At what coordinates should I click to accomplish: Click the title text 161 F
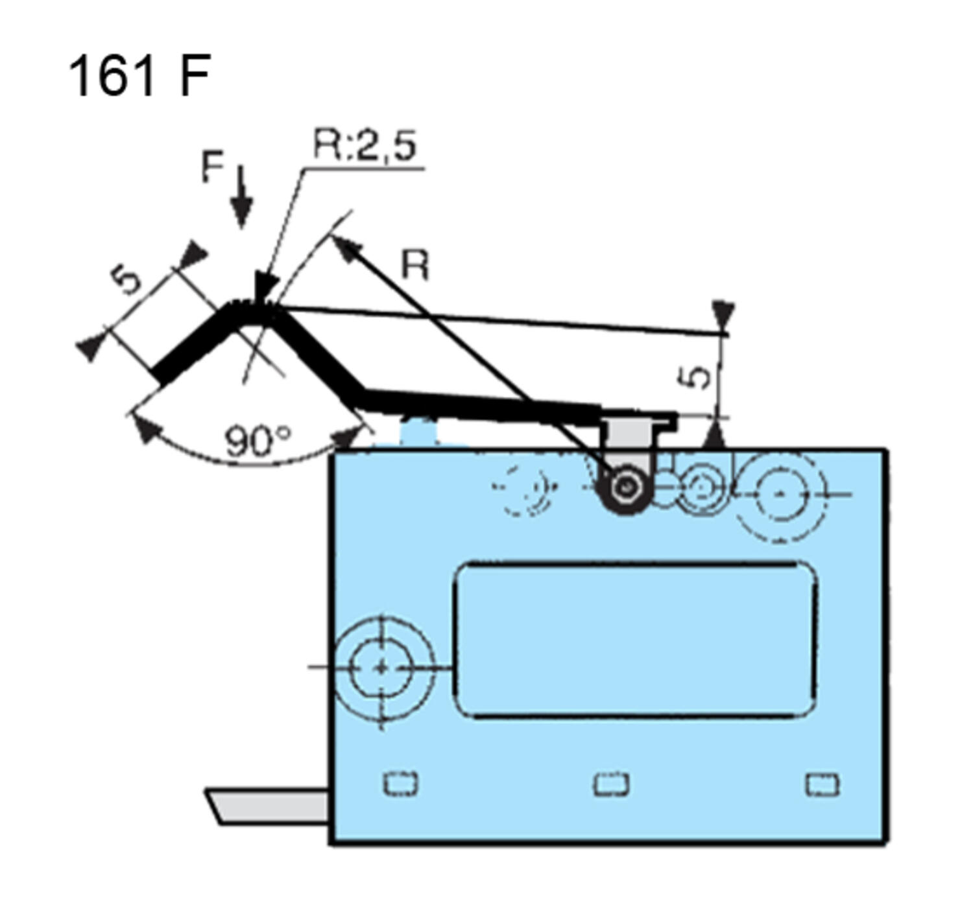[139, 76]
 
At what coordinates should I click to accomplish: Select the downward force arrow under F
[241, 197]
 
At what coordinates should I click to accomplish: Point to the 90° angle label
[258, 442]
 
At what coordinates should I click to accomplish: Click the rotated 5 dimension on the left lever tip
[126, 279]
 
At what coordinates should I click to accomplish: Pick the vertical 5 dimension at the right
[697, 377]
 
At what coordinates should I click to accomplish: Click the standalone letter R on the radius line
[415, 265]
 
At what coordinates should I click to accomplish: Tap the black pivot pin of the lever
[625, 488]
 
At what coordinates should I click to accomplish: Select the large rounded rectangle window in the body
[635, 640]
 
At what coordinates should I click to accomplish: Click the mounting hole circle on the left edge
[381, 667]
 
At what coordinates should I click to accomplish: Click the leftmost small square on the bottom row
[400, 784]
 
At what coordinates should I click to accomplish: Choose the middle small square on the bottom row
[611, 784]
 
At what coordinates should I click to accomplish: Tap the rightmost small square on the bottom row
[822, 784]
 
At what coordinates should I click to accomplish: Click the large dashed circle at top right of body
[781, 494]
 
